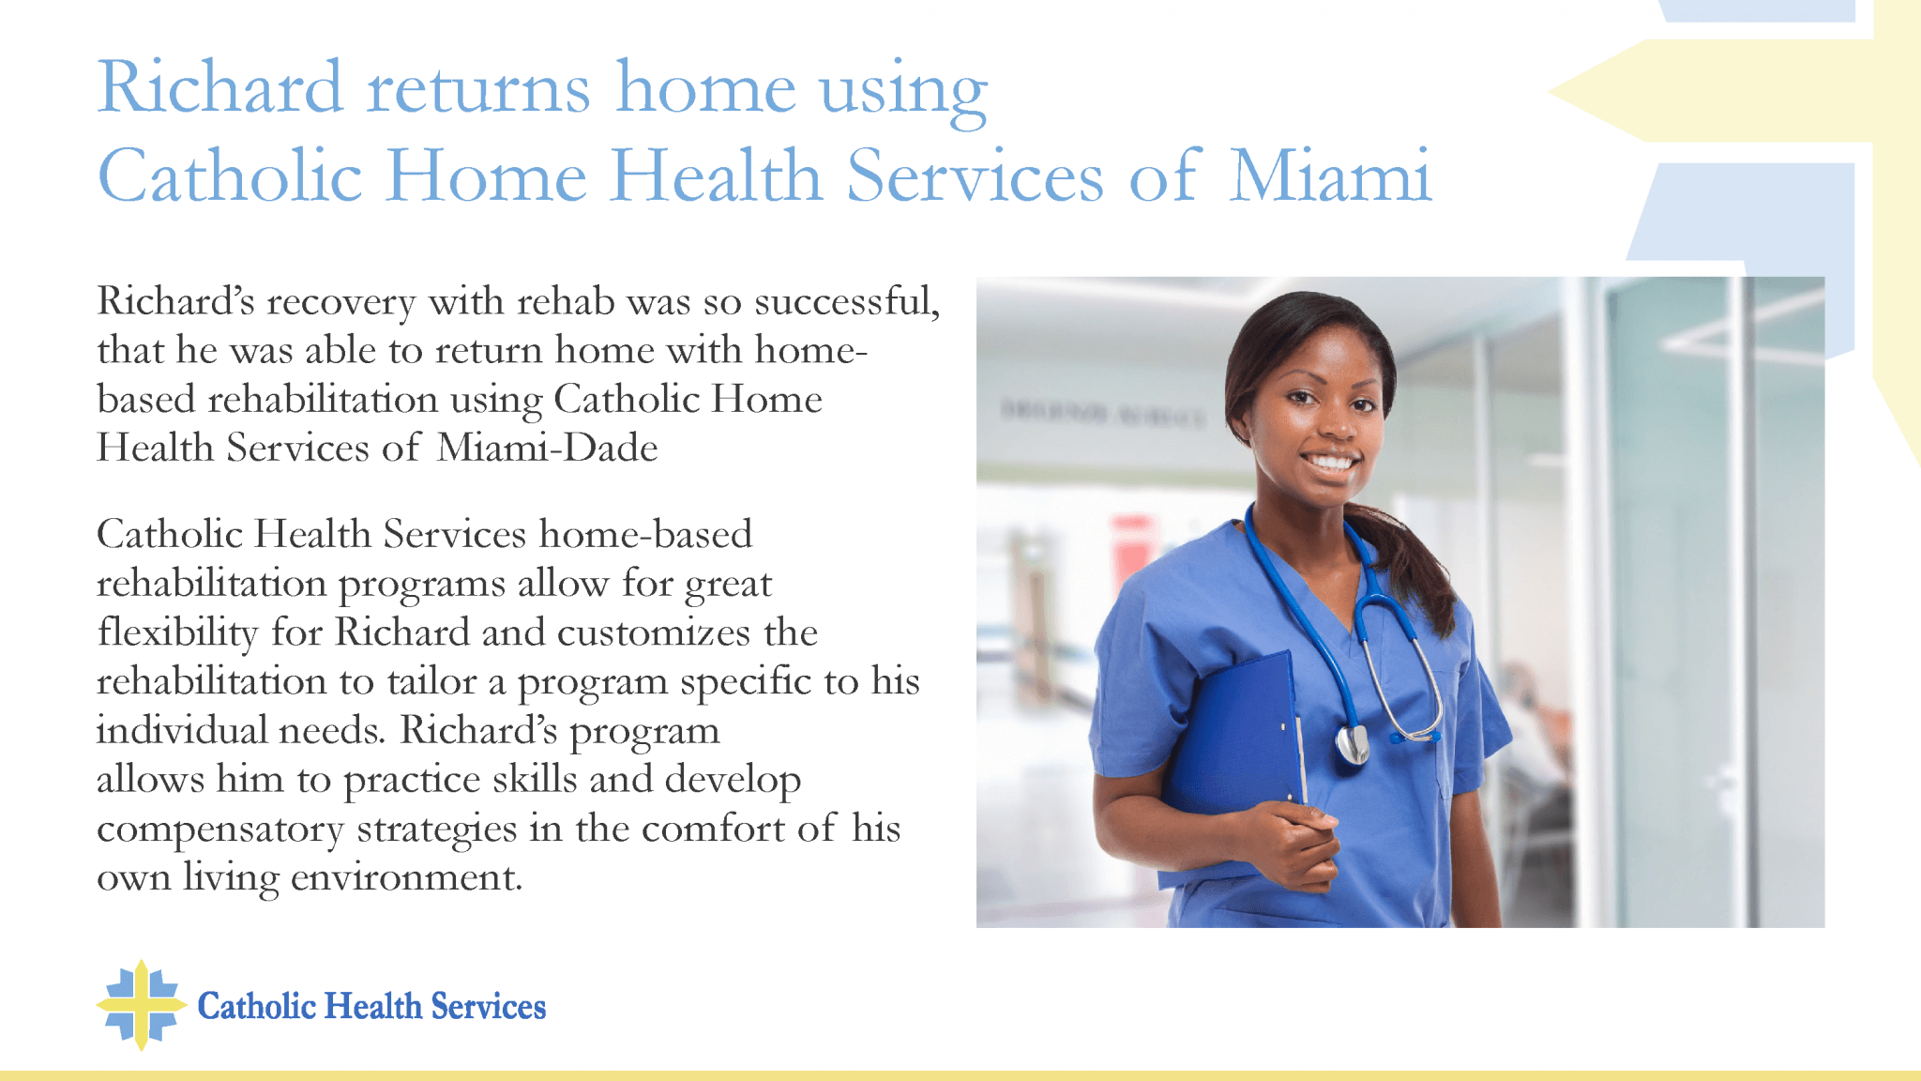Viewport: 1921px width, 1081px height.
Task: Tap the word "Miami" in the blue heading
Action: coord(1330,175)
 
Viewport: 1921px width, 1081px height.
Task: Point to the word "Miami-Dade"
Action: coord(547,448)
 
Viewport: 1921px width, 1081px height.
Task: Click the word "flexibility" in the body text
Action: coord(177,632)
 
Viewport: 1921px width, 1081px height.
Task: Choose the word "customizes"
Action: coord(653,632)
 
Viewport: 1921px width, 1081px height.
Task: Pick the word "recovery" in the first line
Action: coord(341,303)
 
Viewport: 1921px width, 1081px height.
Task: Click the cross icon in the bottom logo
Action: coord(141,1005)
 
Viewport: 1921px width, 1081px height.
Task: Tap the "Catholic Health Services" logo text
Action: coord(371,1006)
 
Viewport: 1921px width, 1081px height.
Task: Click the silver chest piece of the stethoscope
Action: coord(1352,745)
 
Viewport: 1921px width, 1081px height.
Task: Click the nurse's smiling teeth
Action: coord(1330,462)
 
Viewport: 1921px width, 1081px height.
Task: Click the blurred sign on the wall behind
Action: coord(1102,414)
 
